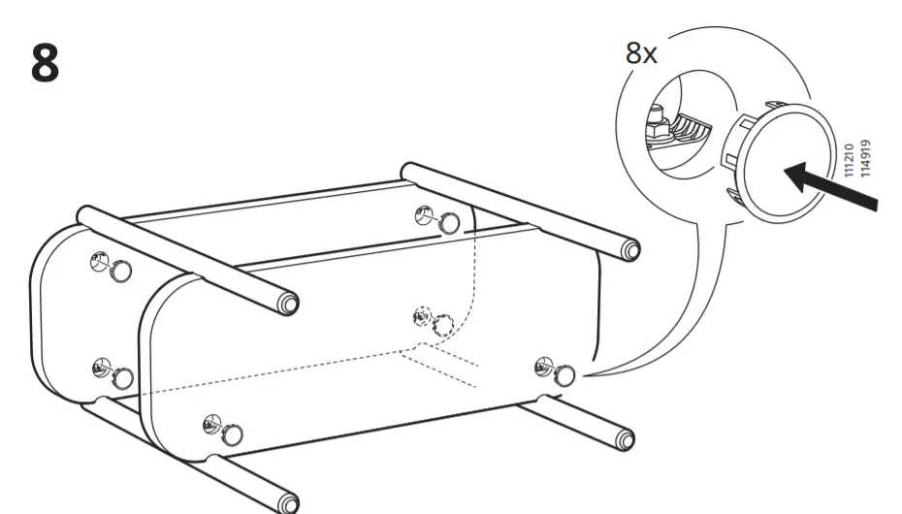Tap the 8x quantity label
641,52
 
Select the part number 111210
849,160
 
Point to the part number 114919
866,159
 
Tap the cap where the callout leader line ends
564,374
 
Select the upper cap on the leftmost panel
120,270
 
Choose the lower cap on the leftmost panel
122,376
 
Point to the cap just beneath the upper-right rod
448,222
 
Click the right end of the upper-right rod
631,250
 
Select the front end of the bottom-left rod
287,503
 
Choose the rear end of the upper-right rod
408,172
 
